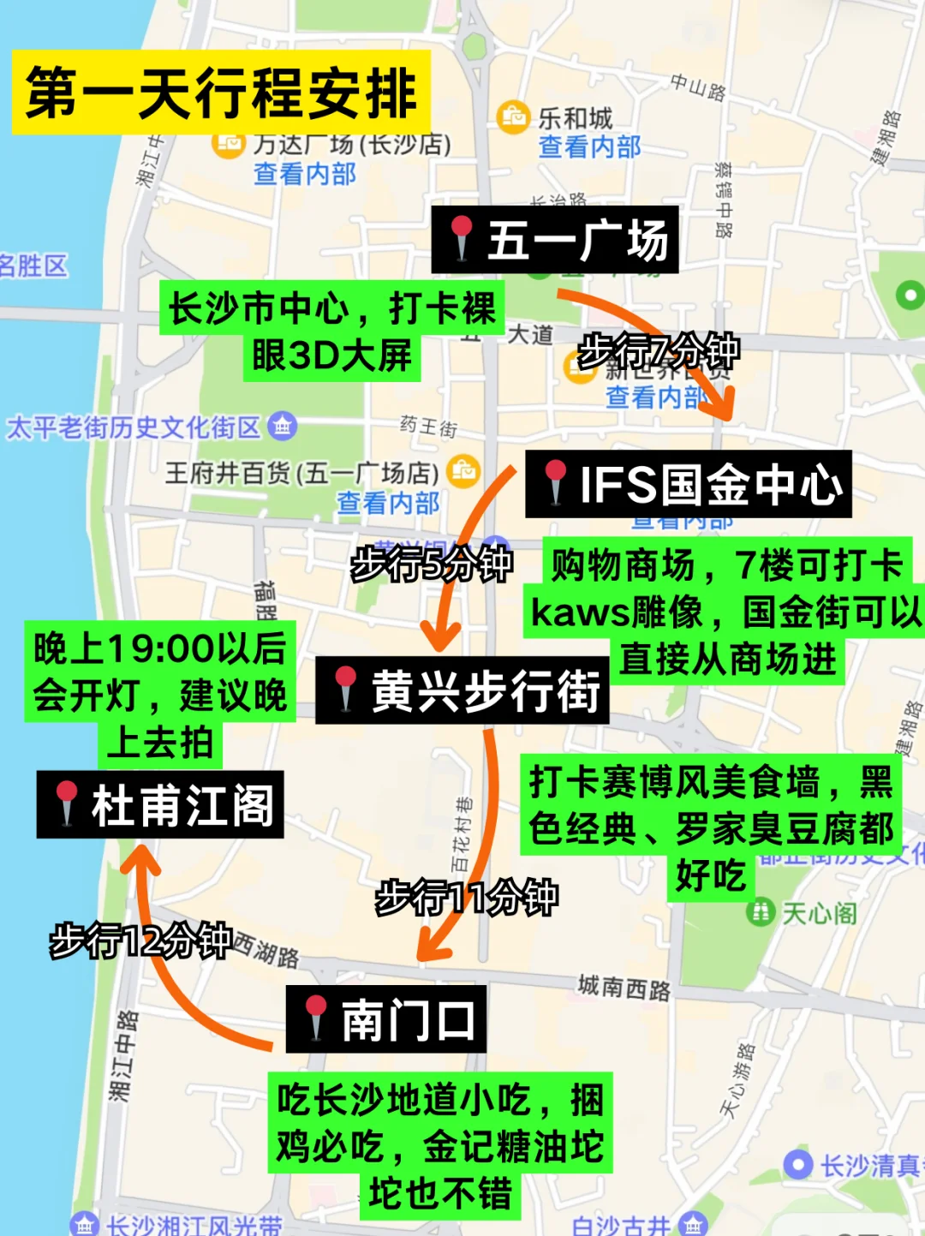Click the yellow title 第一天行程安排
221,93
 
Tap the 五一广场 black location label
555,240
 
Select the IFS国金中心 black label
689,484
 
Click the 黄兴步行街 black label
462,690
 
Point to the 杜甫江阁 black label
160,805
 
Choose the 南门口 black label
386,1019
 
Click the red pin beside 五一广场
462,236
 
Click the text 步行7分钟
659,351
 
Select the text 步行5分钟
432,564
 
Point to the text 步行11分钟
467,898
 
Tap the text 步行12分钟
141,940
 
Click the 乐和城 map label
576,118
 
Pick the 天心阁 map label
819,913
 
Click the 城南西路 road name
624,988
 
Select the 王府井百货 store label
301,472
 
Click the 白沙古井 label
621,1225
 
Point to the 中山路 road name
697,87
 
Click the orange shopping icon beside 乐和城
514,116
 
